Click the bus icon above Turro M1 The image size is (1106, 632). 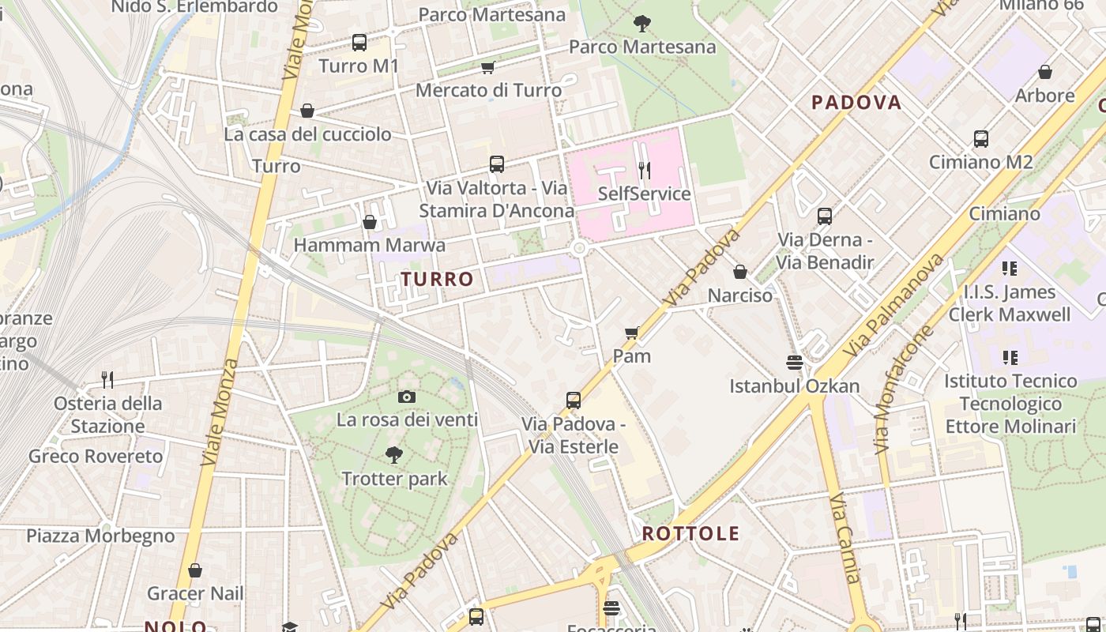[x=359, y=43]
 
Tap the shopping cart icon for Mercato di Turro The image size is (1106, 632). [x=488, y=68]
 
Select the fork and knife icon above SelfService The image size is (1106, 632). [x=645, y=170]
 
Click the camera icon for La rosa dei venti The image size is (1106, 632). [x=407, y=397]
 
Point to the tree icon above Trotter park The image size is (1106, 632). [x=394, y=455]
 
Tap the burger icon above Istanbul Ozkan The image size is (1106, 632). [x=795, y=363]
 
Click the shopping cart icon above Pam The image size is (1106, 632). [x=631, y=333]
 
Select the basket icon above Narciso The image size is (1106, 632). [x=740, y=272]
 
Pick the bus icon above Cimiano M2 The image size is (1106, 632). [x=980, y=139]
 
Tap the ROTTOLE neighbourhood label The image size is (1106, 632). [x=690, y=533]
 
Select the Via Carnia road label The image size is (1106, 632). [x=845, y=539]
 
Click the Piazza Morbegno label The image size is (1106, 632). [x=101, y=536]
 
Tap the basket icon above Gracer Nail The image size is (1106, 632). [x=195, y=570]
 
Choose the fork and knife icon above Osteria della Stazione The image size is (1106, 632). [x=107, y=380]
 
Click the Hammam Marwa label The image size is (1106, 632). [x=369, y=246]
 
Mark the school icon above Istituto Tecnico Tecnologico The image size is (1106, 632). [x=1010, y=358]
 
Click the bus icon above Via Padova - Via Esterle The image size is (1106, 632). [x=574, y=401]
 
